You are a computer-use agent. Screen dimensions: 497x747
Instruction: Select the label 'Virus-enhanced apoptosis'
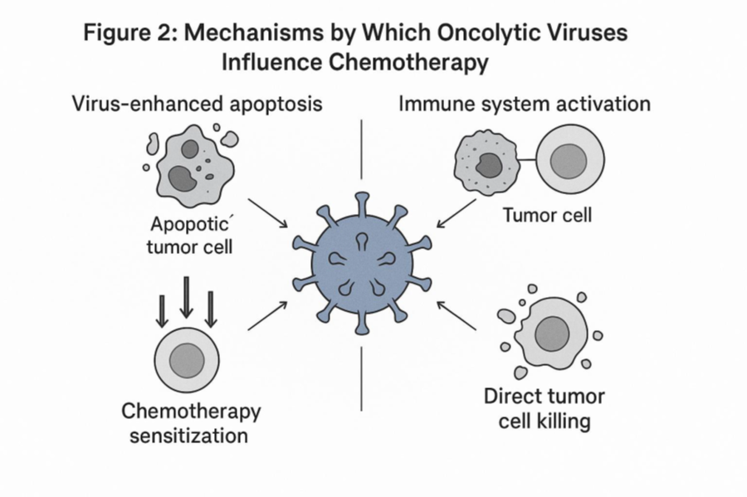tap(197, 105)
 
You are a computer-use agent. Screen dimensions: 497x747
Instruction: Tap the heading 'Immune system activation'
tap(525, 105)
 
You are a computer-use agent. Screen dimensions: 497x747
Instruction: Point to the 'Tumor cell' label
tap(548, 216)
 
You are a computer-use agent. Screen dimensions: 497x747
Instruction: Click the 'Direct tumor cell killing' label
tap(544, 408)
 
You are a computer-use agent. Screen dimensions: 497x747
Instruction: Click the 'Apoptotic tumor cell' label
tap(193, 235)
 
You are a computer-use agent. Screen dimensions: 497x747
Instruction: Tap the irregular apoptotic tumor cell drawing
tap(188, 163)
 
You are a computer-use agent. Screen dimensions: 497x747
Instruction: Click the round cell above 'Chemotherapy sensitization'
tap(187, 359)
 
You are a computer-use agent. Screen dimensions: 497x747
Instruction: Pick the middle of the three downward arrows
tap(187, 296)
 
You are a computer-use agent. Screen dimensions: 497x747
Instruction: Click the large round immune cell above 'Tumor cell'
tap(570, 158)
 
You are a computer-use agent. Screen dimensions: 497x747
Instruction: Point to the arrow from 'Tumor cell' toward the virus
tap(456, 213)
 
